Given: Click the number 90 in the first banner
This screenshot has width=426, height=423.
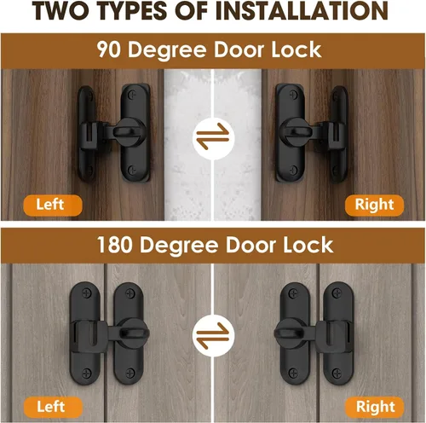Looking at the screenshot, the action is pos(109,49).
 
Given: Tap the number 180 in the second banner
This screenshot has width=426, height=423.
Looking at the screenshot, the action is pos(114,245).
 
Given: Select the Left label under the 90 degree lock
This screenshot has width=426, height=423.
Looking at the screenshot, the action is pos(53,205).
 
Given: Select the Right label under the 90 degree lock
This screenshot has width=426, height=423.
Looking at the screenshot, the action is pos(374,205).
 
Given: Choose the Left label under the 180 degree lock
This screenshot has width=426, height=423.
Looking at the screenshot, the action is pos(53,407).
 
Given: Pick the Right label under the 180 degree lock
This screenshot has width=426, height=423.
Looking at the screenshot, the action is pos(375,407).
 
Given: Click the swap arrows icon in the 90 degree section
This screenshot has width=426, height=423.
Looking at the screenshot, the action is pos(213,136).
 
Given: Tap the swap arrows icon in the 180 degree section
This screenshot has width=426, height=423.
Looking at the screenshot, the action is pos(213,336).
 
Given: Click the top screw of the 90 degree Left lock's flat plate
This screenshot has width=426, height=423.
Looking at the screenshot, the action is pos(132,94).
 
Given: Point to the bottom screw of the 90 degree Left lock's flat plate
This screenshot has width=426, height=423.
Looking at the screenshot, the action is pos(132,170).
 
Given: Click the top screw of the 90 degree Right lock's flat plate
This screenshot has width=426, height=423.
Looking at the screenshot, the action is pos(294,94).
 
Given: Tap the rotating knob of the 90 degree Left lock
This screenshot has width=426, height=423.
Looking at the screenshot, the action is pos(127,131).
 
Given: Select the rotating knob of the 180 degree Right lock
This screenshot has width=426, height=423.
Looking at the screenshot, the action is pos(291,333).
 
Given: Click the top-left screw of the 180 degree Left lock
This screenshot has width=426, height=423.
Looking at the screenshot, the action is pos(87,293).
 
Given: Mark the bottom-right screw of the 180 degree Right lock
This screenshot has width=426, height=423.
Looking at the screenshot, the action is pos(337,372).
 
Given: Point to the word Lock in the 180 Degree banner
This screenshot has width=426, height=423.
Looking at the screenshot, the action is pos(308,245).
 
